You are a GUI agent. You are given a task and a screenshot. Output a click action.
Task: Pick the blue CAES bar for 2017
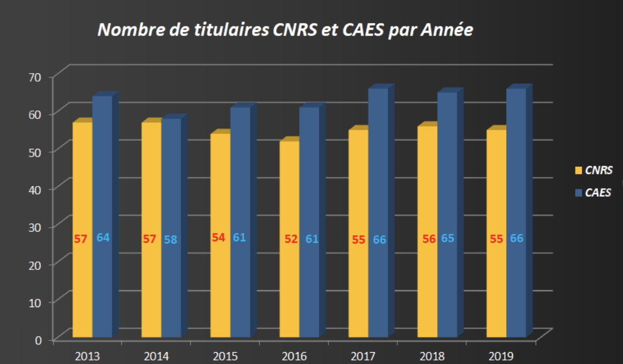point(378,169)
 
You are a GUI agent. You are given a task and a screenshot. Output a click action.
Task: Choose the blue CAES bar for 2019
point(516,169)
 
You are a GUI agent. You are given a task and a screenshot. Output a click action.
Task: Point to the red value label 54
point(218,237)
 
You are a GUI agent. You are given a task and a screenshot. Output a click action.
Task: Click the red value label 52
point(291,239)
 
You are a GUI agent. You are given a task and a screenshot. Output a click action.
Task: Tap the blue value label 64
point(103,237)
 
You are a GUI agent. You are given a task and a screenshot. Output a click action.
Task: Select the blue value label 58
point(170,239)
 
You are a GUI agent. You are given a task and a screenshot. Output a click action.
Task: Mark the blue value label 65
point(447,238)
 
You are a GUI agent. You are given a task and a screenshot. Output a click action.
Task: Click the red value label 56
point(429,239)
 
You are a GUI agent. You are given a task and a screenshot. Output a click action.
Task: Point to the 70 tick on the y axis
point(36,77)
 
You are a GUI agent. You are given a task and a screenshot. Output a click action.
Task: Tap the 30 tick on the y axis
point(36,226)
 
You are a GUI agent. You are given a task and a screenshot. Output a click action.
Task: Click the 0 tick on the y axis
point(38,339)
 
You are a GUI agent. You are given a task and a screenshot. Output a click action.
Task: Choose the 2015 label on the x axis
point(225,356)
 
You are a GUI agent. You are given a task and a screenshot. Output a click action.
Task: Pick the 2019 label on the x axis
point(501,356)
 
